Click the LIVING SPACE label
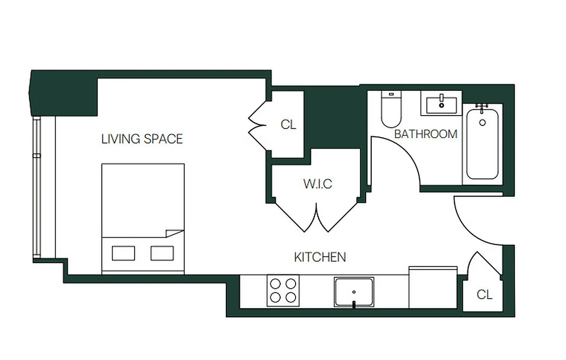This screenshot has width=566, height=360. tap(142, 139)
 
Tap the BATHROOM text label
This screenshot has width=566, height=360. tap(426, 134)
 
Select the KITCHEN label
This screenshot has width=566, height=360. tap(320, 257)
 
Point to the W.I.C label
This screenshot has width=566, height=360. tap(318, 184)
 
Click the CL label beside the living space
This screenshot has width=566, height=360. tap(288, 125)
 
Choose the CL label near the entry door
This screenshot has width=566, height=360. tap(485, 295)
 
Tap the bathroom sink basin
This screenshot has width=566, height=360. tap(441, 104)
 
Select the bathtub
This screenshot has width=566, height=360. tap(482, 144)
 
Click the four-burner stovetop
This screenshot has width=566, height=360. tap(283, 291)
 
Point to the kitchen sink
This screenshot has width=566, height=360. tap(354, 292)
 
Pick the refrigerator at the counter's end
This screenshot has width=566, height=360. tap(433, 288)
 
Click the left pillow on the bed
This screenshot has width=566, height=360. tap(123, 253)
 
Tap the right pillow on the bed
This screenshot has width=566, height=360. tap(162, 253)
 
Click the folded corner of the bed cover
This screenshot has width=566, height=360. tap(174, 234)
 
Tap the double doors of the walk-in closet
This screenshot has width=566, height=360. tap(318, 217)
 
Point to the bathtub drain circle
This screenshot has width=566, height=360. tap(482, 122)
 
